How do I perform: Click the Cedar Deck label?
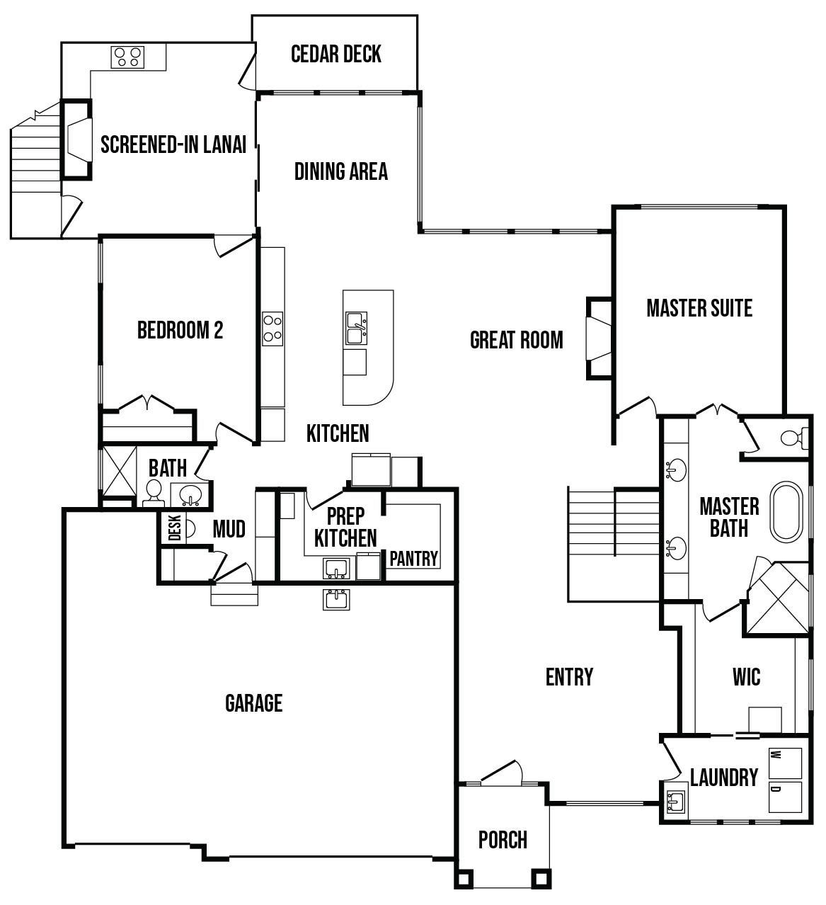pyautogui.click(x=336, y=54)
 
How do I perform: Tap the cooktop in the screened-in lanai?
pyautogui.click(x=127, y=57)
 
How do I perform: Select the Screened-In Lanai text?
pyautogui.click(x=173, y=144)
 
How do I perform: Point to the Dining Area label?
pyautogui.click(x=341, y=171)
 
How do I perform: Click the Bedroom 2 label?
pyautogui.click(x=180, y=330)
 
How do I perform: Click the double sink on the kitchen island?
pyautogui.click(x=357, y=328)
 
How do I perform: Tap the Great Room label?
pyautogui.click(x=517, y=340)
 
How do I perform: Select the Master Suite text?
pyautogui.click(x=699, y=308)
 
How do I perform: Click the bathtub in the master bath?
pyautogui.click(x=786, y=512)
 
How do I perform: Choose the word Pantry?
pyautogui.click(x=413, y=559)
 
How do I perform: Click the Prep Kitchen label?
pyautogui.click(x=345, y=527)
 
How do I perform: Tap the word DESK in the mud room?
pyautogui.click(x=175, y=528)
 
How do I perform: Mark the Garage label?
pyautogui.click(x=254, y=703)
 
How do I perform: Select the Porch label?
pyautogui.click(x=503, y=840)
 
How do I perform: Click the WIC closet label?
pyautogui.click(x=747, y=677)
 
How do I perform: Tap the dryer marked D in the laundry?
pyautogui.click(x=785, y=797)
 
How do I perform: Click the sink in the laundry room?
pyautogui.click(x=675, y=801)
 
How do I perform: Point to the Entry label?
pyautogui.click(x=569, y=677)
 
